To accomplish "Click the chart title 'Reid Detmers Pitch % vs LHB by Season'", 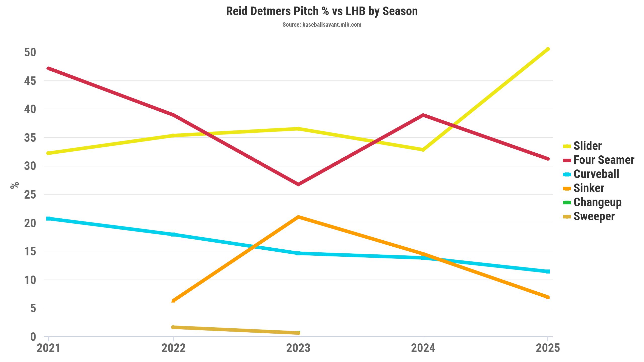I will click(322, 11).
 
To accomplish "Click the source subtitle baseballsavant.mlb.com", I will click(322, 25).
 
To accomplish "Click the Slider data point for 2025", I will click(548, 49).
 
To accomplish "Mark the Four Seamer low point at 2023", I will click(298, 184).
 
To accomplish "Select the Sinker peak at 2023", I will click(298, 217).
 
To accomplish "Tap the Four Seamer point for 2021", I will click(49, 68).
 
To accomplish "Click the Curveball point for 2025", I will click(548, 271).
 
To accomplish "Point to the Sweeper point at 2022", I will click(173, 327).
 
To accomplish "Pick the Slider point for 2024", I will click(423, 150).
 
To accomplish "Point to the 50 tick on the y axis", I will click(30, 52).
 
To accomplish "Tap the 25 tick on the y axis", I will click(30, 195).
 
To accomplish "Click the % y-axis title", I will click(15, 185).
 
